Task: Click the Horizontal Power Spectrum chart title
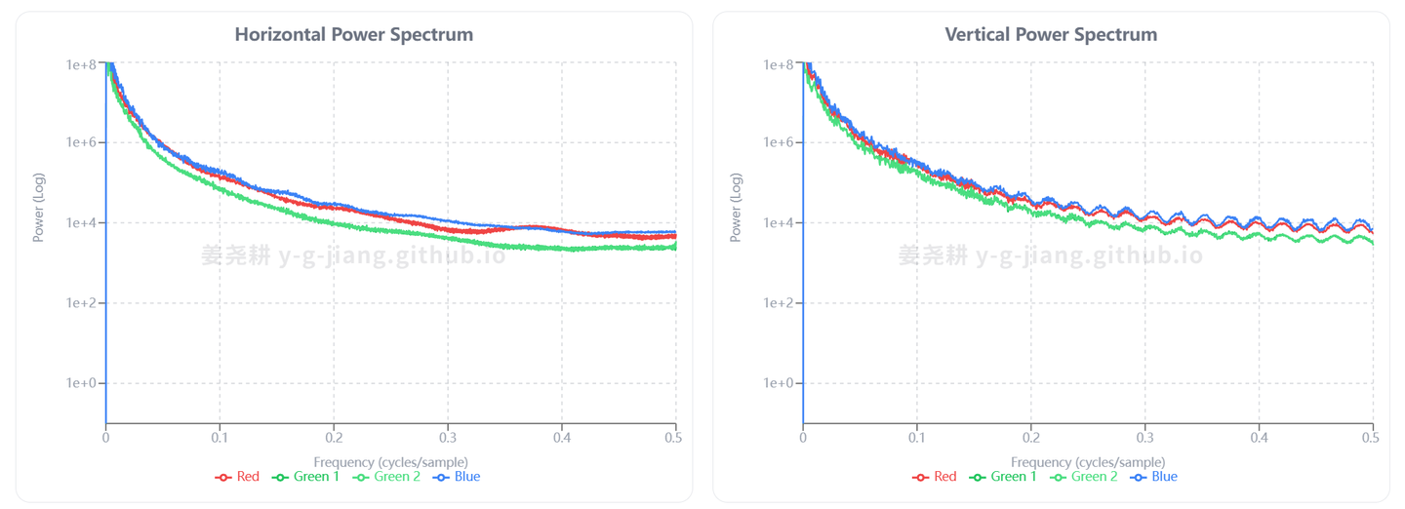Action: pos(353,34)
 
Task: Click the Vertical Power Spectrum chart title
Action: pos(1051,34)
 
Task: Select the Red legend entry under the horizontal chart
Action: pos(238,477)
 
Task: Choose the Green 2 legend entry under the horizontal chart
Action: pos(387,477)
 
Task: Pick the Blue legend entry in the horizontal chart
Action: pos(458,477)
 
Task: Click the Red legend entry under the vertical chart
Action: pos(935,477)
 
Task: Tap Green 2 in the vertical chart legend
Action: pos(1084,477)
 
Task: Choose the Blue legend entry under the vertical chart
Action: pos(1154,477)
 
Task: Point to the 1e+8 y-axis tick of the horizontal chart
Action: pos(81,64)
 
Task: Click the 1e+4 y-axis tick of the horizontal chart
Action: pos(81,223)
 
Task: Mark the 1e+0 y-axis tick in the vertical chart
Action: pos(779,383)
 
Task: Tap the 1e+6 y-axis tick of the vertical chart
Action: pos(779,143)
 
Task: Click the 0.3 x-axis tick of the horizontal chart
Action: pos(448,439)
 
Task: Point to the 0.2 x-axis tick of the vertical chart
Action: pos(1030,439)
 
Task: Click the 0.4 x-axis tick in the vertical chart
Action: pos(1259,439)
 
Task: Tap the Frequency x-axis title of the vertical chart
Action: pos(1088,461)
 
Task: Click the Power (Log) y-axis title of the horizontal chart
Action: pos(39,207)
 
